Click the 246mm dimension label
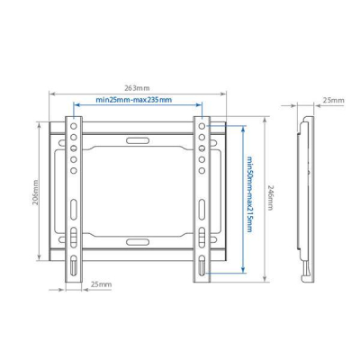click(x=273, y=194)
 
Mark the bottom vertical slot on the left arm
click(x=72, y=266)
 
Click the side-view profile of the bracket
click(x=307, y=194)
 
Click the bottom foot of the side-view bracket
click(x=309, y=270)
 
